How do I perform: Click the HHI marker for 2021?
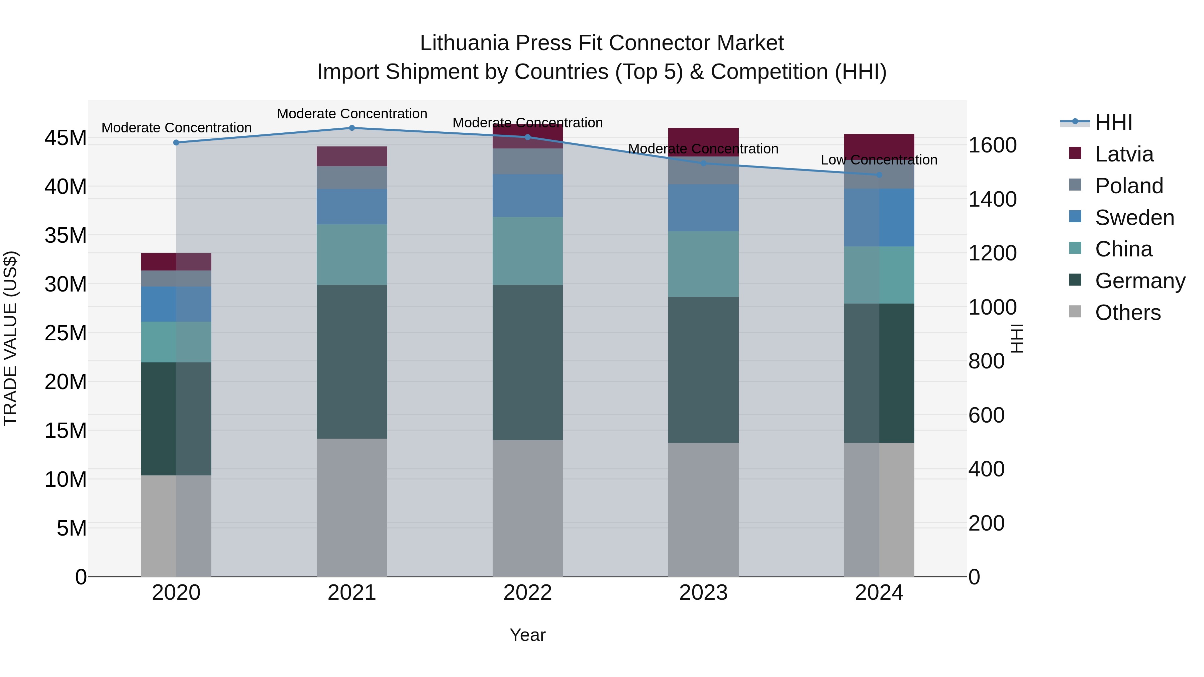point(352,128)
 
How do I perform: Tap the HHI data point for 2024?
point(879,175)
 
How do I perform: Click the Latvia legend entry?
point(1124,154)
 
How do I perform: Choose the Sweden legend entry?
point(1134,218)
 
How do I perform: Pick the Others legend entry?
point(1128,313)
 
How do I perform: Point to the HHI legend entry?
point(1113,122)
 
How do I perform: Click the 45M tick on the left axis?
point(66,138)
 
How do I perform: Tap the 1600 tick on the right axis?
point(992,145)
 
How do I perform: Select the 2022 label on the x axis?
point(528,593)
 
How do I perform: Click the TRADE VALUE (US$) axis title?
point(10,338)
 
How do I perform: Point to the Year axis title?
point(528,635)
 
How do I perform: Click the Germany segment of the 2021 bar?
point(352,362)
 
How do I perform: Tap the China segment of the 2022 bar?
point(528,251)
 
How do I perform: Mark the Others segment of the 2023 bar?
point(703,509)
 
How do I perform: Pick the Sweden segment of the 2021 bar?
point(352,207)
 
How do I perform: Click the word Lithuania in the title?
point(464,43)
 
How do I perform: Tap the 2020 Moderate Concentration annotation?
point(176,128)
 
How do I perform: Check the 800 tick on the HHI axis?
point(986,361)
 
